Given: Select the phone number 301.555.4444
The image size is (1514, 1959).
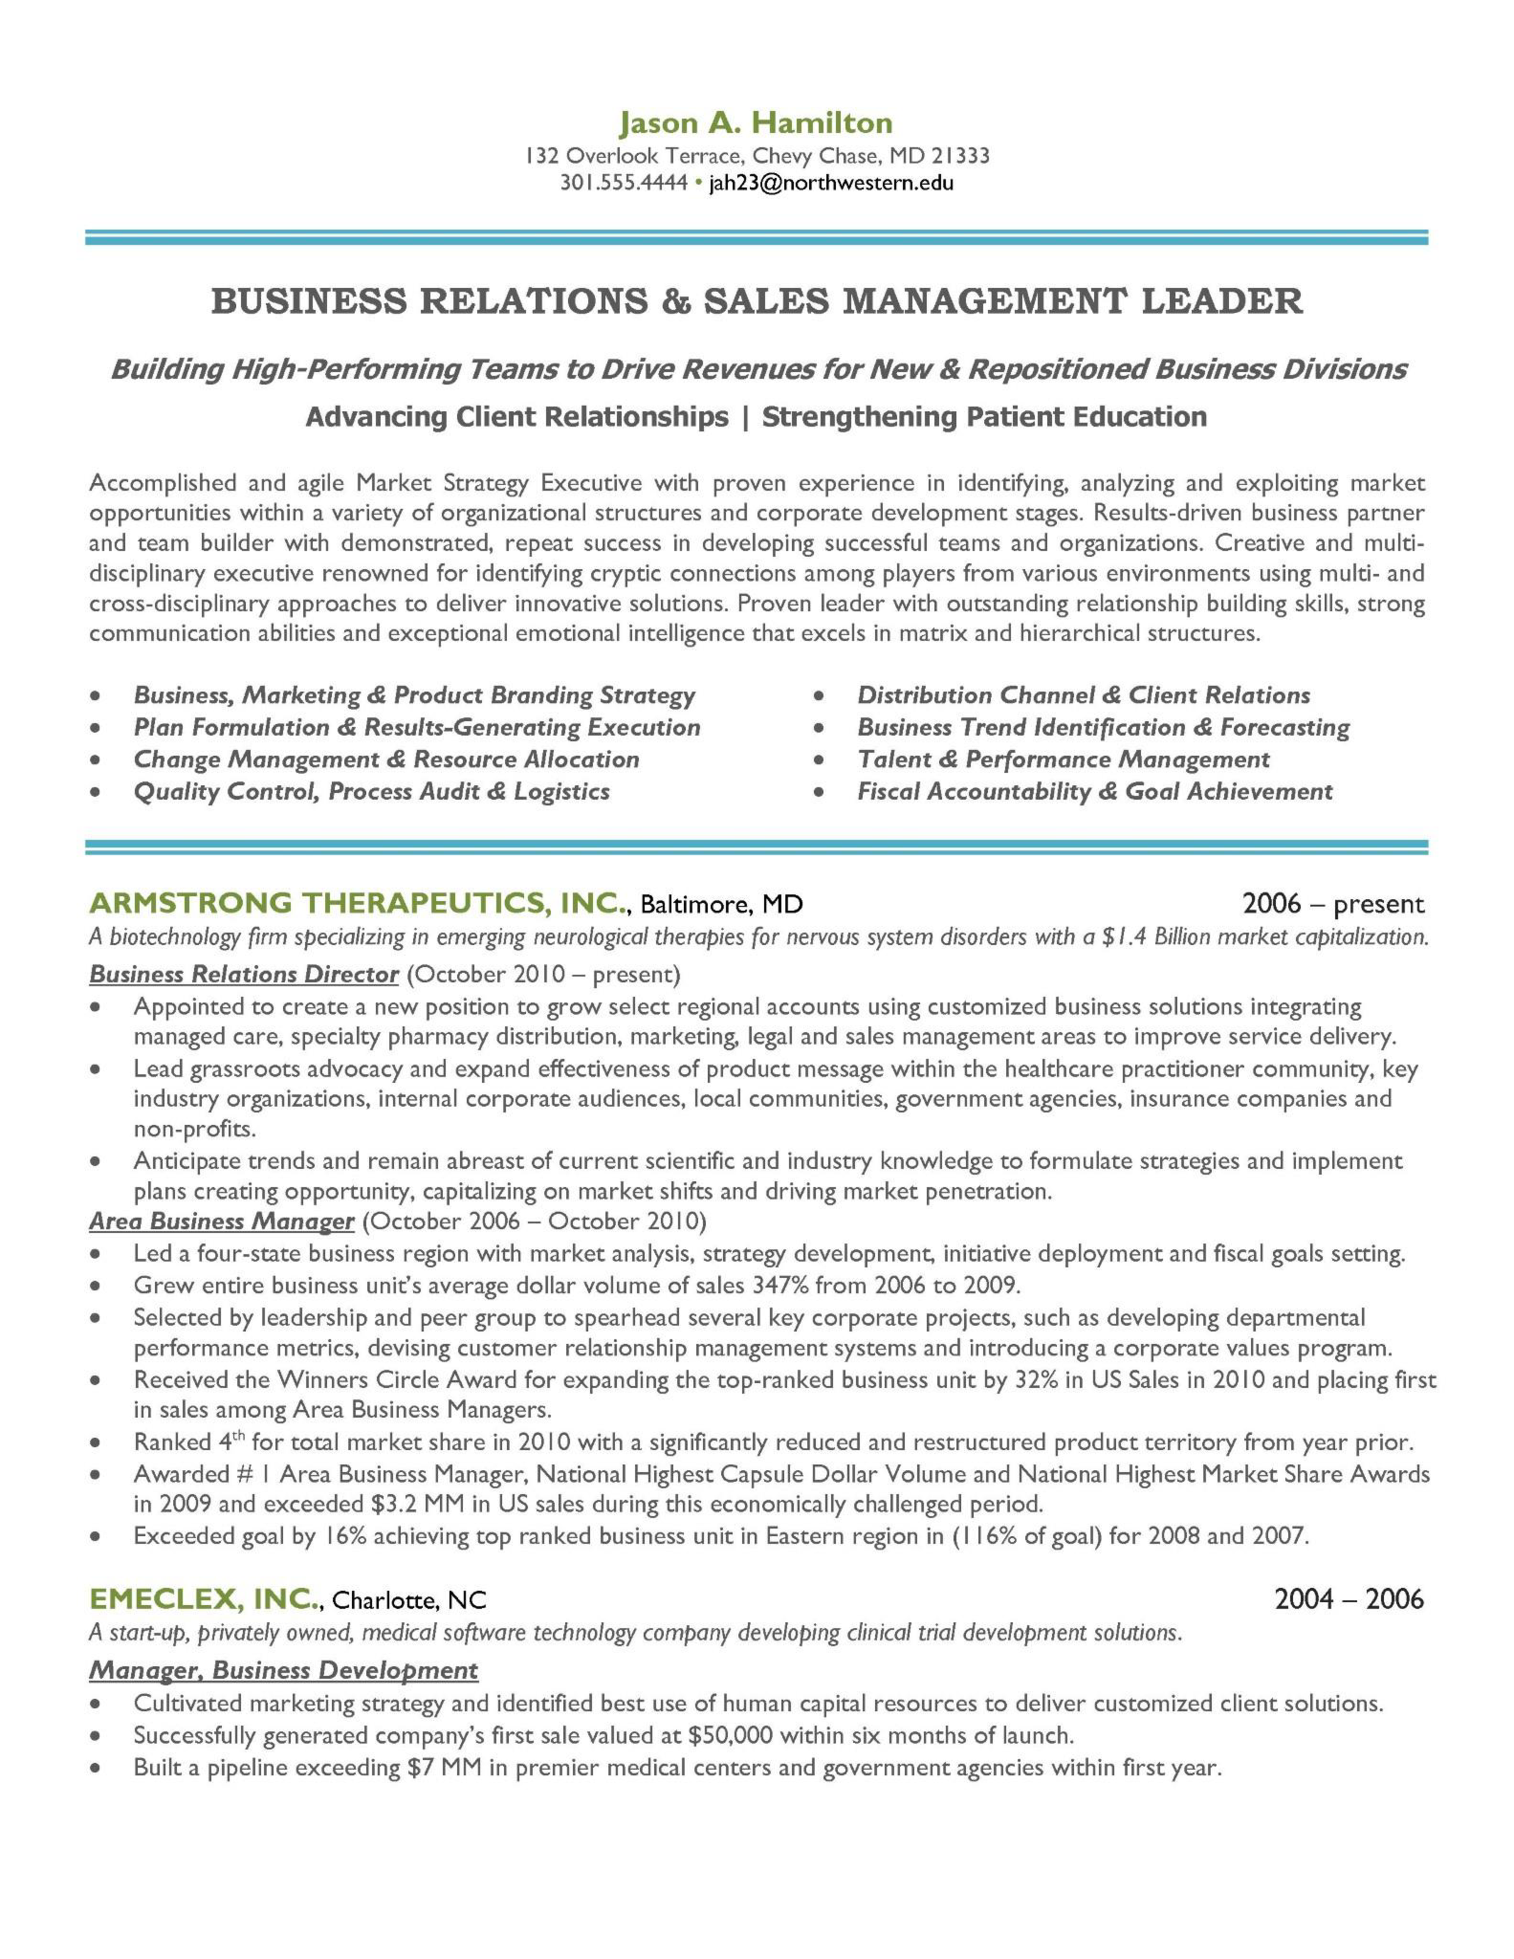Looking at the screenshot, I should coord(623,183).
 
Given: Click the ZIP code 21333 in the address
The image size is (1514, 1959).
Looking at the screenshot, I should coord(961,156).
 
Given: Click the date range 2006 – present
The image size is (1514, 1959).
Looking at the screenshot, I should coord(1333,904).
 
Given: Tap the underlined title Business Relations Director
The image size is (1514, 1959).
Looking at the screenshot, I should coord(244,974).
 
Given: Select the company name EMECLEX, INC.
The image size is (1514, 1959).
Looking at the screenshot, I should coord(204,1599).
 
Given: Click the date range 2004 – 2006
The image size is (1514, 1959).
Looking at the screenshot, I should coord(1349,1599).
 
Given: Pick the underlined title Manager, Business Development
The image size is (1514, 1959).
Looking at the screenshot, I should coord(283,1670).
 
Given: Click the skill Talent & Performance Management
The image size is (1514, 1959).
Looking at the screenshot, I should coord(1063,760).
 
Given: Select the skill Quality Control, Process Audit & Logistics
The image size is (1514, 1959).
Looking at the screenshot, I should coord(371,792).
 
